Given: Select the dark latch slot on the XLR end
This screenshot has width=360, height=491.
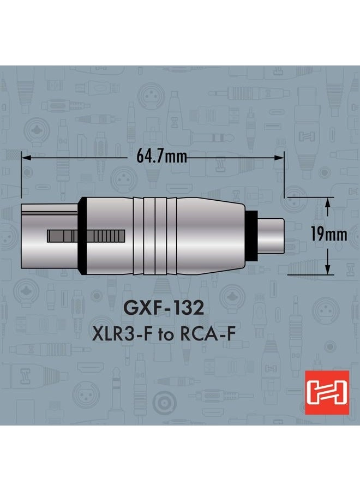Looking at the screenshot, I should coord(86,236).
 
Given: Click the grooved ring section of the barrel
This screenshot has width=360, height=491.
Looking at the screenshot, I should coord(156,236).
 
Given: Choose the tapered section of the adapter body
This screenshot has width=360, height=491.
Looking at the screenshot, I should coord(213,236).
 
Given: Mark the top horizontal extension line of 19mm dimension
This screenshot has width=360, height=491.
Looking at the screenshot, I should coord(311,197).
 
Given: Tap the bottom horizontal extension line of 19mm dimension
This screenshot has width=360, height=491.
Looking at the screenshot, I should coord(311,274).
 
